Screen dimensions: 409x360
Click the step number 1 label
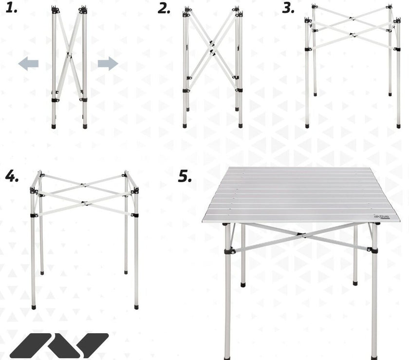tap(12, 8)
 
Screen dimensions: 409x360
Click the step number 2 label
tap(164, 9)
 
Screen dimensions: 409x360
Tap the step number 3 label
tap(288, 8)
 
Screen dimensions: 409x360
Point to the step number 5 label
tap(185, 177)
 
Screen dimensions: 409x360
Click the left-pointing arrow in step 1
tap(28, 64)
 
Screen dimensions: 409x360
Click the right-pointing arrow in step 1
tap(108, 64)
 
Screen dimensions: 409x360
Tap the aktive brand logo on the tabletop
tap(382, 216)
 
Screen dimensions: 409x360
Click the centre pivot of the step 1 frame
tap(69, 55)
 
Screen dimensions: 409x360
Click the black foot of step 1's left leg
tap(54, 126)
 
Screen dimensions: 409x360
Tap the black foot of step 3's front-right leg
tap(398, 126)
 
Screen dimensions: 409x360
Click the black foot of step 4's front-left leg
tap(34, 307)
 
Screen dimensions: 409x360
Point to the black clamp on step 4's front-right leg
tap(135, 215)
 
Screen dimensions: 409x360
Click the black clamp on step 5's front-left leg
tap(229, 252)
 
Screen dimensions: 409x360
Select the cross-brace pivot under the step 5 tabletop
tap(301, 235)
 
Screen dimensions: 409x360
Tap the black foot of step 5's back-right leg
tap(355, 283)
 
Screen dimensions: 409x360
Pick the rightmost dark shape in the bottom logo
tap(93, 345)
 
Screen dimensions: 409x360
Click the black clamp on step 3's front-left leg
tap(308, 49)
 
